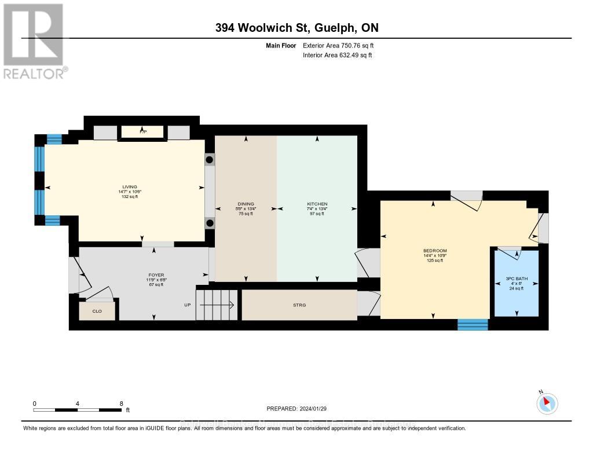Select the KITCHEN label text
click(x=317, y=204)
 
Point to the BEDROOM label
click(x=434, y=251)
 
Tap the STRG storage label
click(x=299, y=305)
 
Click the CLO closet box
click(x=97, y=311)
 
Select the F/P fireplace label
click(x=143, y=132)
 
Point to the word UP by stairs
click(x=187, y=305)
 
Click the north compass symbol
click(x=547, y=403)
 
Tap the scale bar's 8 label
click(x=120, y=404)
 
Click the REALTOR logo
click(x=34, y=41)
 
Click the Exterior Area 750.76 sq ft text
click(x=342, y=45)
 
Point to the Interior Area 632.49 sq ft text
click(x=337, y=55)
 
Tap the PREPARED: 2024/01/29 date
click(x=296, y=408)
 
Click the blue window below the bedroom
click(x=473, y=324)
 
